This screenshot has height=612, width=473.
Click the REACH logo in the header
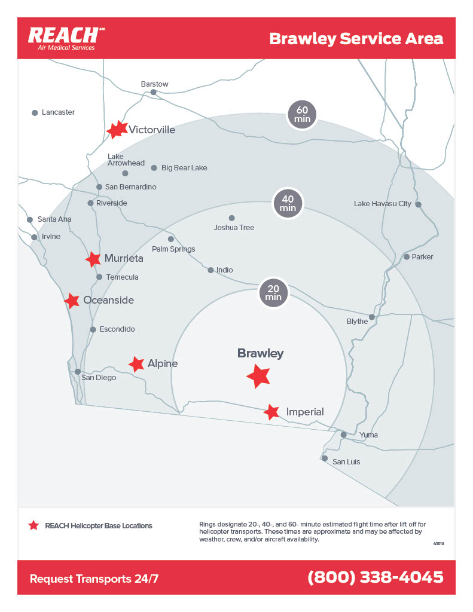pos(63,38)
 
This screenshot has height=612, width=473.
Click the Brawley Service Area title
pos(356,39)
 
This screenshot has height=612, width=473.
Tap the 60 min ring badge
pos(301,114)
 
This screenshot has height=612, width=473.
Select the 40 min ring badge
pos(288,203)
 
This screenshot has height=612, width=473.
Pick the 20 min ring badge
pos(273,292)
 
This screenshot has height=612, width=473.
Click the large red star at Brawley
pos(258,376)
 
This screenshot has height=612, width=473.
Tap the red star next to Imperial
pos(271,412)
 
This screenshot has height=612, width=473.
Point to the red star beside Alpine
pos(136,363)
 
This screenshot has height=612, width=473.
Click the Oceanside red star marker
pos(72,301)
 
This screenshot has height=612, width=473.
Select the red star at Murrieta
pos(93,259)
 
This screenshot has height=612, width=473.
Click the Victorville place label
pos(152,130)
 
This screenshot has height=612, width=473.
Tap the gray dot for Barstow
pos(153,92)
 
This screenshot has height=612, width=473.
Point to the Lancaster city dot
pos(35,112)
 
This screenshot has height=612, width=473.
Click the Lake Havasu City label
pos(382,204)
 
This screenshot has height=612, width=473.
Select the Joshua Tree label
pos(234,228)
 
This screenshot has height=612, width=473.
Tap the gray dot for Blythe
pos(371,317)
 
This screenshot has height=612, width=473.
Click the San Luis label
pos(346,462)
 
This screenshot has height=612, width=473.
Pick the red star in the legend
pos(33,525)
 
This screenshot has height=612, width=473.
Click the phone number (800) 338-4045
pos(375,577)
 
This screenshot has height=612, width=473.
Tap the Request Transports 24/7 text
pos(94,579)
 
